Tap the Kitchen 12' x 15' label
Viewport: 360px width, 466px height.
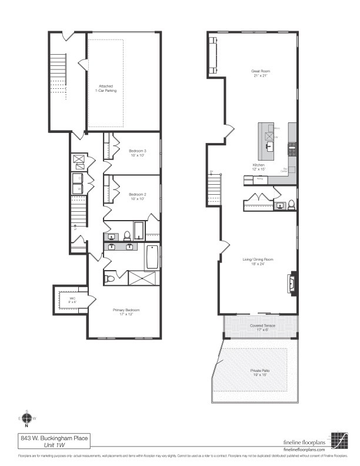tap(259, 167)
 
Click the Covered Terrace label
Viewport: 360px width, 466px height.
tap(259, 327)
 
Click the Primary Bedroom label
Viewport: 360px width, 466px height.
tap(126, 312)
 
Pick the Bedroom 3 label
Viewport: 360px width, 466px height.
tap(137, 153)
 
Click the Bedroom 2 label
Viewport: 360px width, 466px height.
tap(137, 197)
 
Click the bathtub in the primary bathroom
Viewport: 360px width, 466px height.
tap(153, 257)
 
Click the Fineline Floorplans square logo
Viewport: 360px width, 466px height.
tap(339, 441)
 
